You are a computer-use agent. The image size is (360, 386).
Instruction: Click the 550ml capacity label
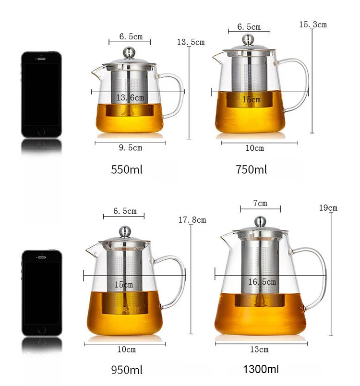coord(127,169)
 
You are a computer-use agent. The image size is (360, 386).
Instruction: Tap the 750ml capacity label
coord(251,169)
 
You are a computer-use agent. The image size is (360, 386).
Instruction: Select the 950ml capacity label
coord(127,370)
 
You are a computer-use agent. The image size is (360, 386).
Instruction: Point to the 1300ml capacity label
coord(261,369)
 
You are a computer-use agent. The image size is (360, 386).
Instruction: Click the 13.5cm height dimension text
coord(191,42)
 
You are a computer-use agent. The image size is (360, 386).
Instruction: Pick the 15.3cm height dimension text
coord(313,24)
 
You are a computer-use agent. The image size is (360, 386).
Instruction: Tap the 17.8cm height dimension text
coord(192,220)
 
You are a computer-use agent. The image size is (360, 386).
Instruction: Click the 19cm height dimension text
coord(328,208)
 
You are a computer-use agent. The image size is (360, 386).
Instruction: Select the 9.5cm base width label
coord(131,148)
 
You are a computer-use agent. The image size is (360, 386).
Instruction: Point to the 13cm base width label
coord(259,350)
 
